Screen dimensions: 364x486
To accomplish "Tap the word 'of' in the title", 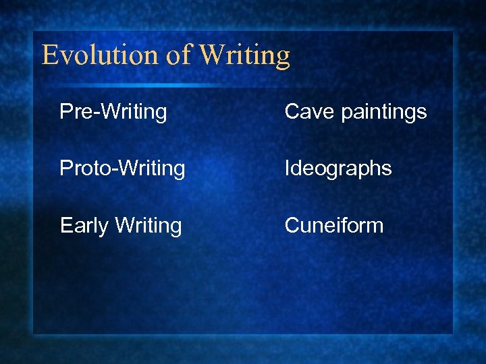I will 179,55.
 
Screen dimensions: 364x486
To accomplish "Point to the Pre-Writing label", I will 113,111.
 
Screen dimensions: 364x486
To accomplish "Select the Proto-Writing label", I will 122,168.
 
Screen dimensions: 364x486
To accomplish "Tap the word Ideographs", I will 338,169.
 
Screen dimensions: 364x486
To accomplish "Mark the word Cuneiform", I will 334,225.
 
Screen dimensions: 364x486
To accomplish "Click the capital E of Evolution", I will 49,55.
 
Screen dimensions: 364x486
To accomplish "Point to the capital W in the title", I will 214,55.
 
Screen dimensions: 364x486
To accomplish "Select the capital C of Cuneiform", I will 292,225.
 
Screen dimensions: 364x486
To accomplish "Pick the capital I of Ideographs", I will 288,168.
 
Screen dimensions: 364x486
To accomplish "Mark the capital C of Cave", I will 292,111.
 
